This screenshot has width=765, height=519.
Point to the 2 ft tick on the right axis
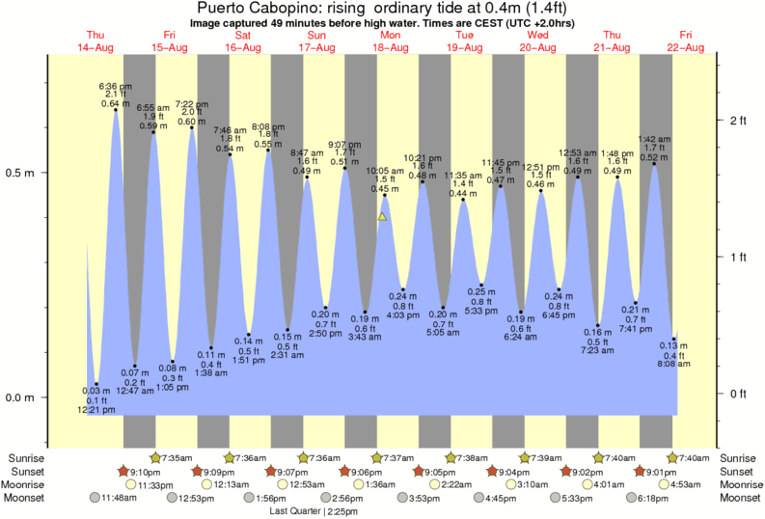pos(739,120)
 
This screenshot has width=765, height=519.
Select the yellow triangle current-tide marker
pos(383,217)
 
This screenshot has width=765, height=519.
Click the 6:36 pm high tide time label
pos(115,86)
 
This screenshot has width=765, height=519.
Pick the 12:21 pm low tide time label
pos(96,410)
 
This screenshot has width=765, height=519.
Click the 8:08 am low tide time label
pos(673,365)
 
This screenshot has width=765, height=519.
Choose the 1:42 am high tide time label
pos(654,140)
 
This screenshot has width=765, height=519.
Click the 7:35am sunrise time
pos(178,457)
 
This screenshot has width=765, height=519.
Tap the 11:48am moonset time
pos(122,498)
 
